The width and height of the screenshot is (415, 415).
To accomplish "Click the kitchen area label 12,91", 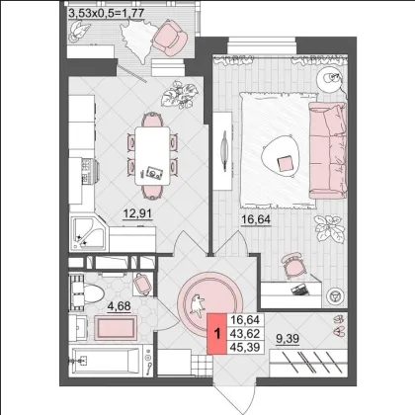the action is pos(137,213).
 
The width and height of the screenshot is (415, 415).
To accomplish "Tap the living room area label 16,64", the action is pos(256,219).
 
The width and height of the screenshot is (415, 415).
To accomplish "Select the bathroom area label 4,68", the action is pos(120,306).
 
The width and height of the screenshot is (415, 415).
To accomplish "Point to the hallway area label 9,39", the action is pos(288,338).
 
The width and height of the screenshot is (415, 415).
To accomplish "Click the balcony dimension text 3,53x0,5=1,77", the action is pos(107,13).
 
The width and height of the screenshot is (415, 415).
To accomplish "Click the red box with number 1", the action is pos(217,334).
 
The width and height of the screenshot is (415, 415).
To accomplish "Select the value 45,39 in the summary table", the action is pos(245,347).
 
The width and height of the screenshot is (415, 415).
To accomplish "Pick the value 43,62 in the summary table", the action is pos(245,333).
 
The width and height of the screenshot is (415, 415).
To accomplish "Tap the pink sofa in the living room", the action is pos(328,150).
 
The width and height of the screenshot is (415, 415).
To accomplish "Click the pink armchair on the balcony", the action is pos(170,38).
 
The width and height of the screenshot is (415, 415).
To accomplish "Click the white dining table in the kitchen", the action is pos(152,156).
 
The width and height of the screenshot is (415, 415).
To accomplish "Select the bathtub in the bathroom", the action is pos(106,361).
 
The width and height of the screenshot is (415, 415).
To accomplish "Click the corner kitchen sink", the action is pos(88,233).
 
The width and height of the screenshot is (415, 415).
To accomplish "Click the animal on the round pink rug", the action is pos(197,304).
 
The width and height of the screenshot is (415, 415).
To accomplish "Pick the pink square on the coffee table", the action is pos(285,164).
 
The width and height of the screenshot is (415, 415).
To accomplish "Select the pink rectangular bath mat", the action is pos(116,328).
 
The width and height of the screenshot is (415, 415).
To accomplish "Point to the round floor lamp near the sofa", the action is pos(330,79).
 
